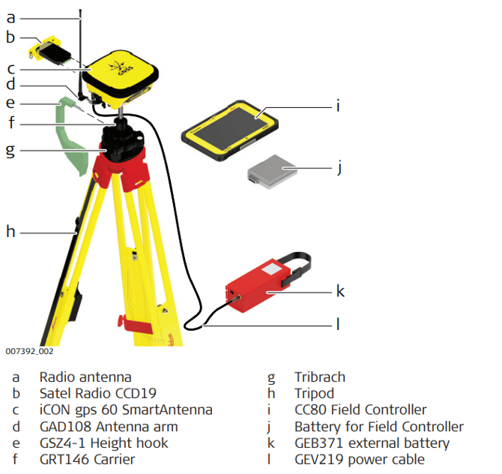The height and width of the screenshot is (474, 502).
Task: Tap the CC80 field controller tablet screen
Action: pyautogui.click(x=229, y=127)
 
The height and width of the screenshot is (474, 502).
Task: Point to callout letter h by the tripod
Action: pyautogui.click(x=10, y=232)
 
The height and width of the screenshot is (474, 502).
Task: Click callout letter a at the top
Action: pyautogui.click(x=10, y=17)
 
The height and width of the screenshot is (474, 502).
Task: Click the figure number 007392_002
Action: pyautogui.click(x=29, y=351)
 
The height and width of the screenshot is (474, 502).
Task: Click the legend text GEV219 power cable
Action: pyautogui.click(x=360, y=459)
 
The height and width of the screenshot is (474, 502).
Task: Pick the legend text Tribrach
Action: pyautogui.click(x=320, y=376)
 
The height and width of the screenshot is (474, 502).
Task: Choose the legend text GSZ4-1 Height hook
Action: pyautogui.click(x=103, y=442)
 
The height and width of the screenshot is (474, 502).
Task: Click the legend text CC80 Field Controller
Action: pyautogui.click(x=360, y=409)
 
